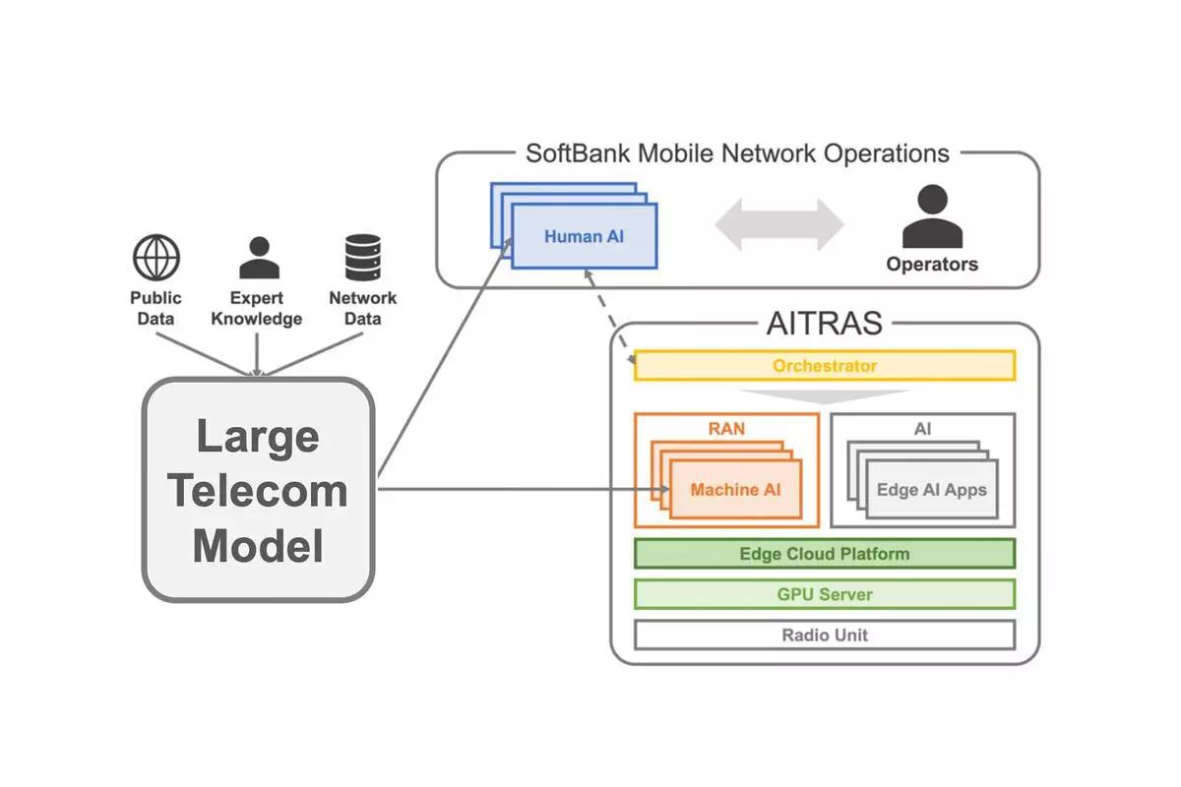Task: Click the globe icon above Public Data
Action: pyautogui.click(x=156, y=258)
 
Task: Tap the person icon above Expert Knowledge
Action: pyautogui.click(x=258, y=258)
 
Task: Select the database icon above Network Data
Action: pyautogui.click(x=362, y=258)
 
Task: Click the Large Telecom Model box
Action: pyautogui.click(x=258, y=490)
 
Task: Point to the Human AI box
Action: pyautogui.click(x=585, y=236)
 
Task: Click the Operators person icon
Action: pyautogui.click(x=931, y=218)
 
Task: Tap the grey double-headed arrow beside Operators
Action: pyautogui.click(x=778, y=224)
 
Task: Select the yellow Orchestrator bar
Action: pyautogui.click(x=825, y=366)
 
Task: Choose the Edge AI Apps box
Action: pyautogui.click(x=931, y=489)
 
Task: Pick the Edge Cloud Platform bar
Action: pyautogui.click(x=825, y=554)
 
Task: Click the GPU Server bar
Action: pyautogui.click(x=825, y=594)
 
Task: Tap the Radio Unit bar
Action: pyautogui.click(x=825, y=635)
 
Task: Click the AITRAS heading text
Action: pyautogui.click(x=824, y=324)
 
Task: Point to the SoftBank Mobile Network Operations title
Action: pyautogui.click(x=737, y=153)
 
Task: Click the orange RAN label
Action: pyautogui.click(x=727, y=429)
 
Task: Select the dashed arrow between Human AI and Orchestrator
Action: pyautogui.click(x=612, y=325)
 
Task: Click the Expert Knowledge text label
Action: pyautogui.click(x=257, y=308)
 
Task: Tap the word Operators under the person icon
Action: pyautogui.click(x=932, y=264)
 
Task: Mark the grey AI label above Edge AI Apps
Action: pyautogui.click(x=923, y=429)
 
